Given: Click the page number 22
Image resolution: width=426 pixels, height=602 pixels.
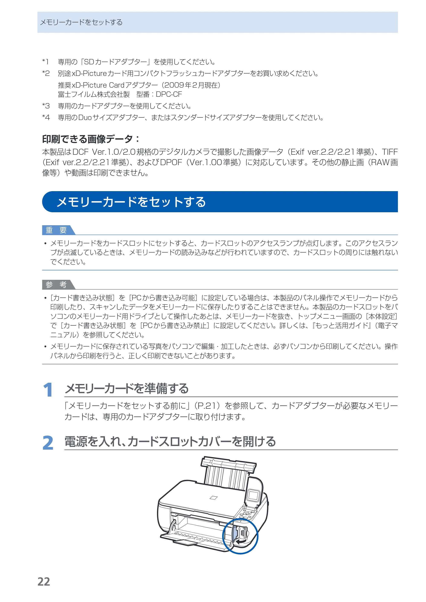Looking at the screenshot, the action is pos(43,582).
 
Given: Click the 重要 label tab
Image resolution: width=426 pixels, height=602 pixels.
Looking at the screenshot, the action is pos(56,230).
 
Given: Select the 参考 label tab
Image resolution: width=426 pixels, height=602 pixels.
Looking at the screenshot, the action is pos(56,284).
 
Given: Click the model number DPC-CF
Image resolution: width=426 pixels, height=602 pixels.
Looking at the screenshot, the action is pos(169,94).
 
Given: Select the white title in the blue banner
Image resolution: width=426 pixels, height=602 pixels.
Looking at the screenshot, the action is pos(131,202).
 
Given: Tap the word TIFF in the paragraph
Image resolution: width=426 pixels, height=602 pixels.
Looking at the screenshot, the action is pos(390,152).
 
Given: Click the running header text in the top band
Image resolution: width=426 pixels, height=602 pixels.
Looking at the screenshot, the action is pos(81,22).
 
